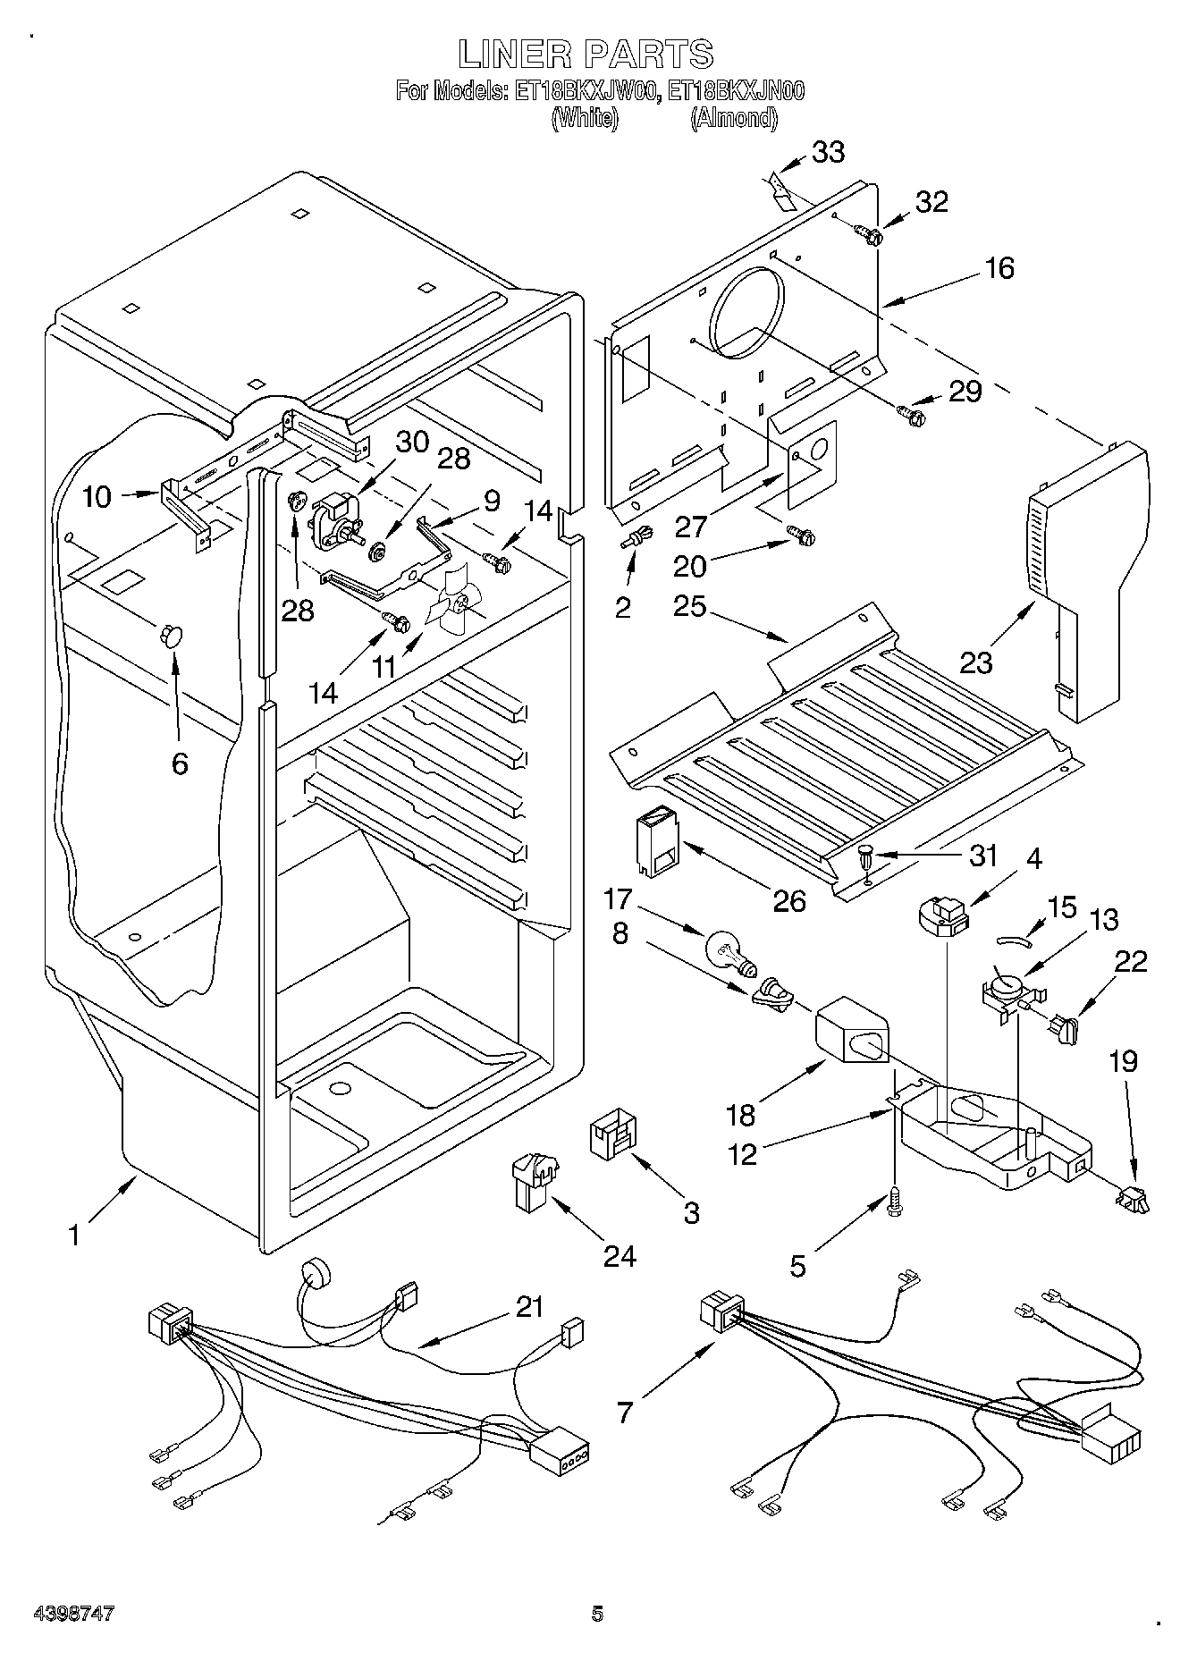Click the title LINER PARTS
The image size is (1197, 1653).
click(x=586, y=55)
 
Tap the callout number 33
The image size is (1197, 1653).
click(x=828, y=152)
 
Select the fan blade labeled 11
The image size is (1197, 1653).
click(x=454, y=603)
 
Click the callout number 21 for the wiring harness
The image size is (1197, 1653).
click(x=529, y=1307)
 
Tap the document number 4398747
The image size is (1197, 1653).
click(x=73, y=1615)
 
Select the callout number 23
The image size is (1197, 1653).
click(x=976, y=662)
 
